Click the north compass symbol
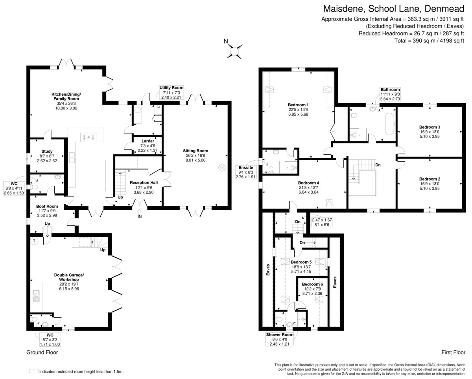[x=234, y=51]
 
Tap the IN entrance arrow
[x=140, y=212]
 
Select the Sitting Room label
[x=195, y=151]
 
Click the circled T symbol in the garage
[x=34, y=241]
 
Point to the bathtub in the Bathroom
[x=390, y=124]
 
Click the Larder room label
[x=147, y=141]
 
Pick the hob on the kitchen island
[x=88, y=137]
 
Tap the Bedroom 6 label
[x=312, y=284]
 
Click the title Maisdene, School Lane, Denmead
[x=394, y=9]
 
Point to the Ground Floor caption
[x=42, y=353]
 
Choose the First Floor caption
[x=454, y=353]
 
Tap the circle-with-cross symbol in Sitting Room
[x=222, y=168]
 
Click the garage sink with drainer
[x=36, y=296]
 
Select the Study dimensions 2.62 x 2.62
[x=47, y=161]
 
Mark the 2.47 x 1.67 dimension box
[x=322, y=222]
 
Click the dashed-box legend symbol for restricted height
[x=34, y=372]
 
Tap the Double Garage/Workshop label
[x=69, y=277]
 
